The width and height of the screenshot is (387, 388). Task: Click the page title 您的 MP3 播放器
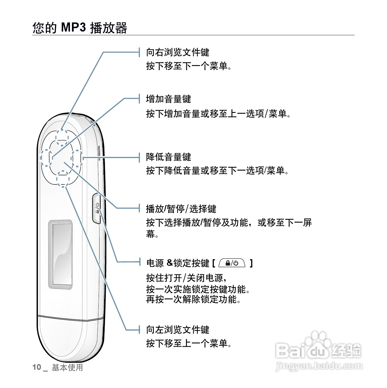(80, 28)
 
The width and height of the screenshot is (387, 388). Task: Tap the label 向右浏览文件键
(178, 52)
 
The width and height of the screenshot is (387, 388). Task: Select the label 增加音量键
(168, 99)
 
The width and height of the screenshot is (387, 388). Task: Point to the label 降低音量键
(168, 157)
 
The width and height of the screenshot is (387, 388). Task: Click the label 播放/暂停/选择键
(181, 209)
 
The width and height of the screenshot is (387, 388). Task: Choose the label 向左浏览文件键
(178, 330)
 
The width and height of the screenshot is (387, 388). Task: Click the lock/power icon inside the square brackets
(232, 263)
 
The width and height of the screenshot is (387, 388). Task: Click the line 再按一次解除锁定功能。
(193, 299)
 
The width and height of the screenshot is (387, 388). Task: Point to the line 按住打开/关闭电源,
(186, 277)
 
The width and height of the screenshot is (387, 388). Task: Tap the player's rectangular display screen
(60, 254)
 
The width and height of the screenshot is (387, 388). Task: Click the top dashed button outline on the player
(62, 138)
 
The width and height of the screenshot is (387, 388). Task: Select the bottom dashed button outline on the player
(63, 179)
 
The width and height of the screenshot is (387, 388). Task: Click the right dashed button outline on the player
(77, 159)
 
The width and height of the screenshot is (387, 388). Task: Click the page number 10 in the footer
(37, 367)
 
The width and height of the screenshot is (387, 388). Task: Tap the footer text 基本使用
(67, 367)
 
